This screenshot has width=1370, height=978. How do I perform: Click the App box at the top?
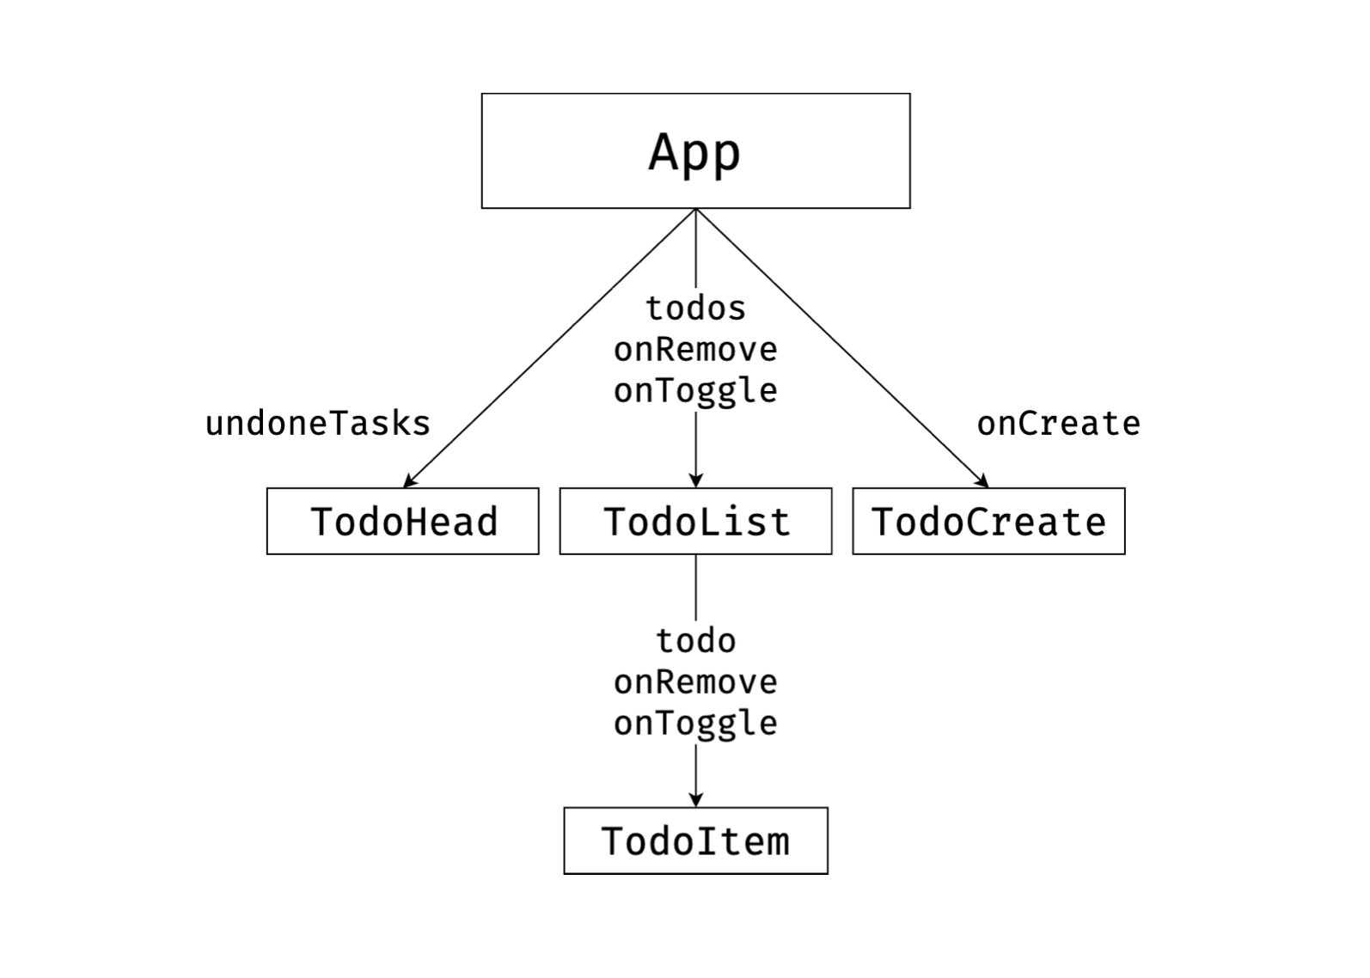[x=695, y=151]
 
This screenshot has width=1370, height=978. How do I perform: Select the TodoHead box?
[x=402, y=522]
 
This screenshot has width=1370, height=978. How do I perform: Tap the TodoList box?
[x=695, y=522]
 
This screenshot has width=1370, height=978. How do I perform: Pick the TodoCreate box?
[x=988, y=522]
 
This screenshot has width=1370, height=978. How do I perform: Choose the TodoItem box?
[x=695, y=840]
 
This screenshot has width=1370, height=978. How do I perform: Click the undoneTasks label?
[x=317, y=424]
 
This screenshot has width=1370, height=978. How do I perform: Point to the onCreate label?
[x=1058, y=424]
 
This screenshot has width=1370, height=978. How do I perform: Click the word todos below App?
[x=695, y=308]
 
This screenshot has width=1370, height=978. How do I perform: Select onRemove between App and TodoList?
[x=695, y=349]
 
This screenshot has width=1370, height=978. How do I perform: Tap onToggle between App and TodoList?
[x=695, y=391]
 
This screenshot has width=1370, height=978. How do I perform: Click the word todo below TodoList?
[x=695, y=640]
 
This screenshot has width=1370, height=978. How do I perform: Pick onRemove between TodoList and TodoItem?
[x=695, y=682]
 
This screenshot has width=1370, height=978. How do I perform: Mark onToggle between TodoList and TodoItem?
[x=695, y=724]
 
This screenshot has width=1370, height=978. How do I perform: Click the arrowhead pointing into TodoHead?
[x=409, y=482]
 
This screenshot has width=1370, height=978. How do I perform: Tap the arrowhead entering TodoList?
[x=695, y=480]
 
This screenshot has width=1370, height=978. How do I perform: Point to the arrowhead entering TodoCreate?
[x=982, y=482]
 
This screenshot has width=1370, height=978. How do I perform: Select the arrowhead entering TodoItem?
[x=695, y=800]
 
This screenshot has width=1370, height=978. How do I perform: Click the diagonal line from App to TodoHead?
[x=550, y=348]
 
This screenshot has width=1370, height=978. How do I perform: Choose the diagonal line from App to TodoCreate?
[x=842, y=348]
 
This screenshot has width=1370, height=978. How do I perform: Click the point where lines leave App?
[x=695, y=209]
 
